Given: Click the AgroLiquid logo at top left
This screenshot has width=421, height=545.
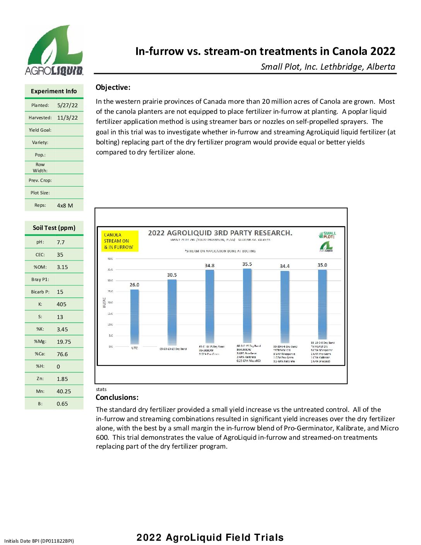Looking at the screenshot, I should point(54,50).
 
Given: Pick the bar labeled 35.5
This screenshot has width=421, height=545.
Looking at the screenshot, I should point(247,306).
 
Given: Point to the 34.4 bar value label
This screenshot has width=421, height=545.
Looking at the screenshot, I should point(284,266).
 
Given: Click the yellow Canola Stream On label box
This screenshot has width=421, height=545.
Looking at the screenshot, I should point(120,241).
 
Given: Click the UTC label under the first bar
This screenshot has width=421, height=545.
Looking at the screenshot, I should point(134,348).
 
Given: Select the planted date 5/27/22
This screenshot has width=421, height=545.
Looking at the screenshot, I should point(67,105).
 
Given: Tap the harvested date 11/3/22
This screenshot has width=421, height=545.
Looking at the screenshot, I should point(67,118).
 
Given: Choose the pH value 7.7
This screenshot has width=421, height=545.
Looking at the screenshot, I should point(61,242).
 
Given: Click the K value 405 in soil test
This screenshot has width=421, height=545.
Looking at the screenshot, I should point(62,304).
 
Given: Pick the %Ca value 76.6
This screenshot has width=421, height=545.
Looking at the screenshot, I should point(62,354).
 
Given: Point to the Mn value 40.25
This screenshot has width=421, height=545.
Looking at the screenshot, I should point(63,391).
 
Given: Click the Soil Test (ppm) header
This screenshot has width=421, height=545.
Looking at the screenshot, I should point(54,228).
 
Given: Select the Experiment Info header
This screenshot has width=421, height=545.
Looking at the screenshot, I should point(54,91).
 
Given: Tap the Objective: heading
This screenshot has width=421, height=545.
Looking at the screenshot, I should point(113,87).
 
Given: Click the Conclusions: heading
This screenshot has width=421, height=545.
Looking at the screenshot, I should point(117,398).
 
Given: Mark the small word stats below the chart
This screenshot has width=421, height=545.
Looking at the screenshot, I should point(101,389).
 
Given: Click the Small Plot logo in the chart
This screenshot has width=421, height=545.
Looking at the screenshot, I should point(327,235).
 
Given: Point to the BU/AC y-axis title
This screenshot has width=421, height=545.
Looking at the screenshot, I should point(104,302).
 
